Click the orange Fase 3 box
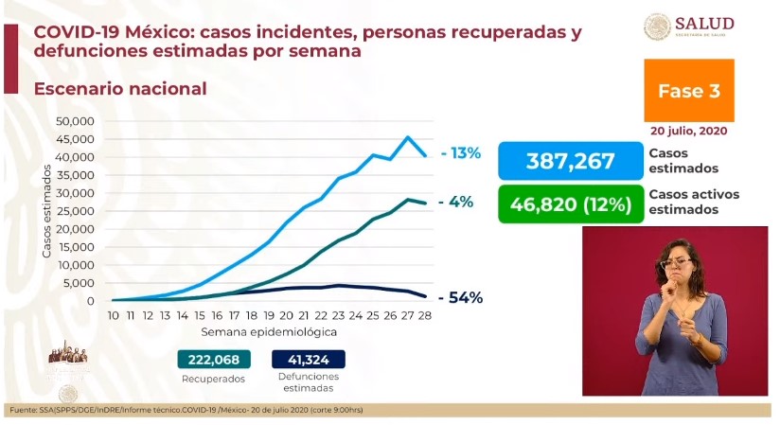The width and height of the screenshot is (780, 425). coord(689,91)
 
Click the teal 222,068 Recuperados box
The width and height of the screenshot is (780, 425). coord(214,360)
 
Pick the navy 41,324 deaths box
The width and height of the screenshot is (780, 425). coord(308,360)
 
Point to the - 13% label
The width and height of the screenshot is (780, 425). coord(462,153)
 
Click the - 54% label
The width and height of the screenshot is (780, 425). coord(462,297)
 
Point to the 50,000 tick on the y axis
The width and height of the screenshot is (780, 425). coord(74,121)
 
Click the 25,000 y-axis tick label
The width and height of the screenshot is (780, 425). coord(74,211)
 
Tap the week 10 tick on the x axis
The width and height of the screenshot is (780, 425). coord(113,315)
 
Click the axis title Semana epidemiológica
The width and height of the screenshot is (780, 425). coord(268,332)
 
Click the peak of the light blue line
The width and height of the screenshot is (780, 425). coord(407,137)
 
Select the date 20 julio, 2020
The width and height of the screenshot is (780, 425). coord(688,131)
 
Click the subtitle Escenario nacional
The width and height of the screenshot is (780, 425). coord(120,89)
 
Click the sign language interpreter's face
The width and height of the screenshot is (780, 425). coord(681,258)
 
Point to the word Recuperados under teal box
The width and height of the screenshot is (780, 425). coord(214,379)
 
